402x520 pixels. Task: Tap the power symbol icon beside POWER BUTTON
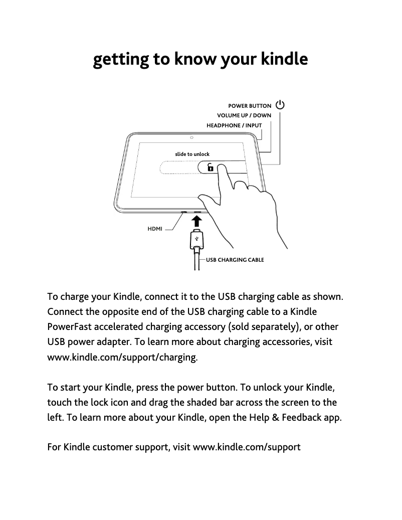pos(280,106)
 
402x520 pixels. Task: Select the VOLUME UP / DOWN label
pos(244,115)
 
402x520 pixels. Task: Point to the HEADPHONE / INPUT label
pos(234,125)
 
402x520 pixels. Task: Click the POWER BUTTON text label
pos(250,106)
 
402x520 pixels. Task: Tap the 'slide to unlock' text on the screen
pos(192,154)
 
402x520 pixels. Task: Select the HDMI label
pos(155,229)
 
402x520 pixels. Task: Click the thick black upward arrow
pos(196,222)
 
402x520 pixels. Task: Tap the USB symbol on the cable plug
pos(196,239)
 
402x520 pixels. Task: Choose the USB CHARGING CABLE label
pos(235,260)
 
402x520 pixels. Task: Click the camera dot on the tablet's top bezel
pos(191,137)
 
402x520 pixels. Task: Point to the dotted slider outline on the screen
pos(178,167)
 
